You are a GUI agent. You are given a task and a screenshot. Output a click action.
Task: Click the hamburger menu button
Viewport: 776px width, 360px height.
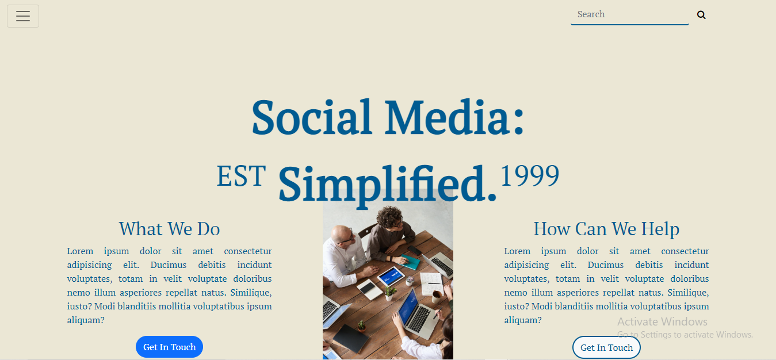click(23, 16)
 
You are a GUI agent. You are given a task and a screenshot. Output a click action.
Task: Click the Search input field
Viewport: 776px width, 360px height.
click(629, 14)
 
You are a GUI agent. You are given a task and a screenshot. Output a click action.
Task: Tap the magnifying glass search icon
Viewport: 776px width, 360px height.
click(701, 15)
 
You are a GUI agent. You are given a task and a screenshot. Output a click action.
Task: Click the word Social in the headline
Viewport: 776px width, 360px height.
click(312, 117)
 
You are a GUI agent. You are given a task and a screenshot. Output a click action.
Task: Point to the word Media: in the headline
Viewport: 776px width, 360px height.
click(454, 117)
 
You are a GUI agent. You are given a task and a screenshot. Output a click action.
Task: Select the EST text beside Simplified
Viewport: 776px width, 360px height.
click(241, 176)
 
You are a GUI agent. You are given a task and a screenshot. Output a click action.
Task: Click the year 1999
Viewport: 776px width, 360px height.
click(530, 175)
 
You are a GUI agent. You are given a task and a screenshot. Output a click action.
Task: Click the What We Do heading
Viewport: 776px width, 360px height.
click(169, 229)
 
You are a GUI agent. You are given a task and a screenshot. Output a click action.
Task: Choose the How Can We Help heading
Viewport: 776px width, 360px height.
click(606, 229)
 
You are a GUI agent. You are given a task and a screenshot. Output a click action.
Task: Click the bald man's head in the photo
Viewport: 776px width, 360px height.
click(341, 235)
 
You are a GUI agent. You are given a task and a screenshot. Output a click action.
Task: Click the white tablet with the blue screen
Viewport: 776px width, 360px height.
click(391, 277)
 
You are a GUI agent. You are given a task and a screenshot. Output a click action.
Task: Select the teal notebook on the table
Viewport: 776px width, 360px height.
click(409, 261)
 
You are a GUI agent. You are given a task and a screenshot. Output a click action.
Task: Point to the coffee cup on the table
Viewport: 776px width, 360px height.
click(437, 297)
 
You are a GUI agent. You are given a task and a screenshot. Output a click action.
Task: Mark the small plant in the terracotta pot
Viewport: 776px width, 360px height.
click(361, 327)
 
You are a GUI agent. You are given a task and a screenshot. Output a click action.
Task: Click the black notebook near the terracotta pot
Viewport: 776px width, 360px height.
click(350, 338)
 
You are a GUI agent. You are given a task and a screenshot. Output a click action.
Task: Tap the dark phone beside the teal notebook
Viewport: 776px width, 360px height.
click(414, 250)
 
